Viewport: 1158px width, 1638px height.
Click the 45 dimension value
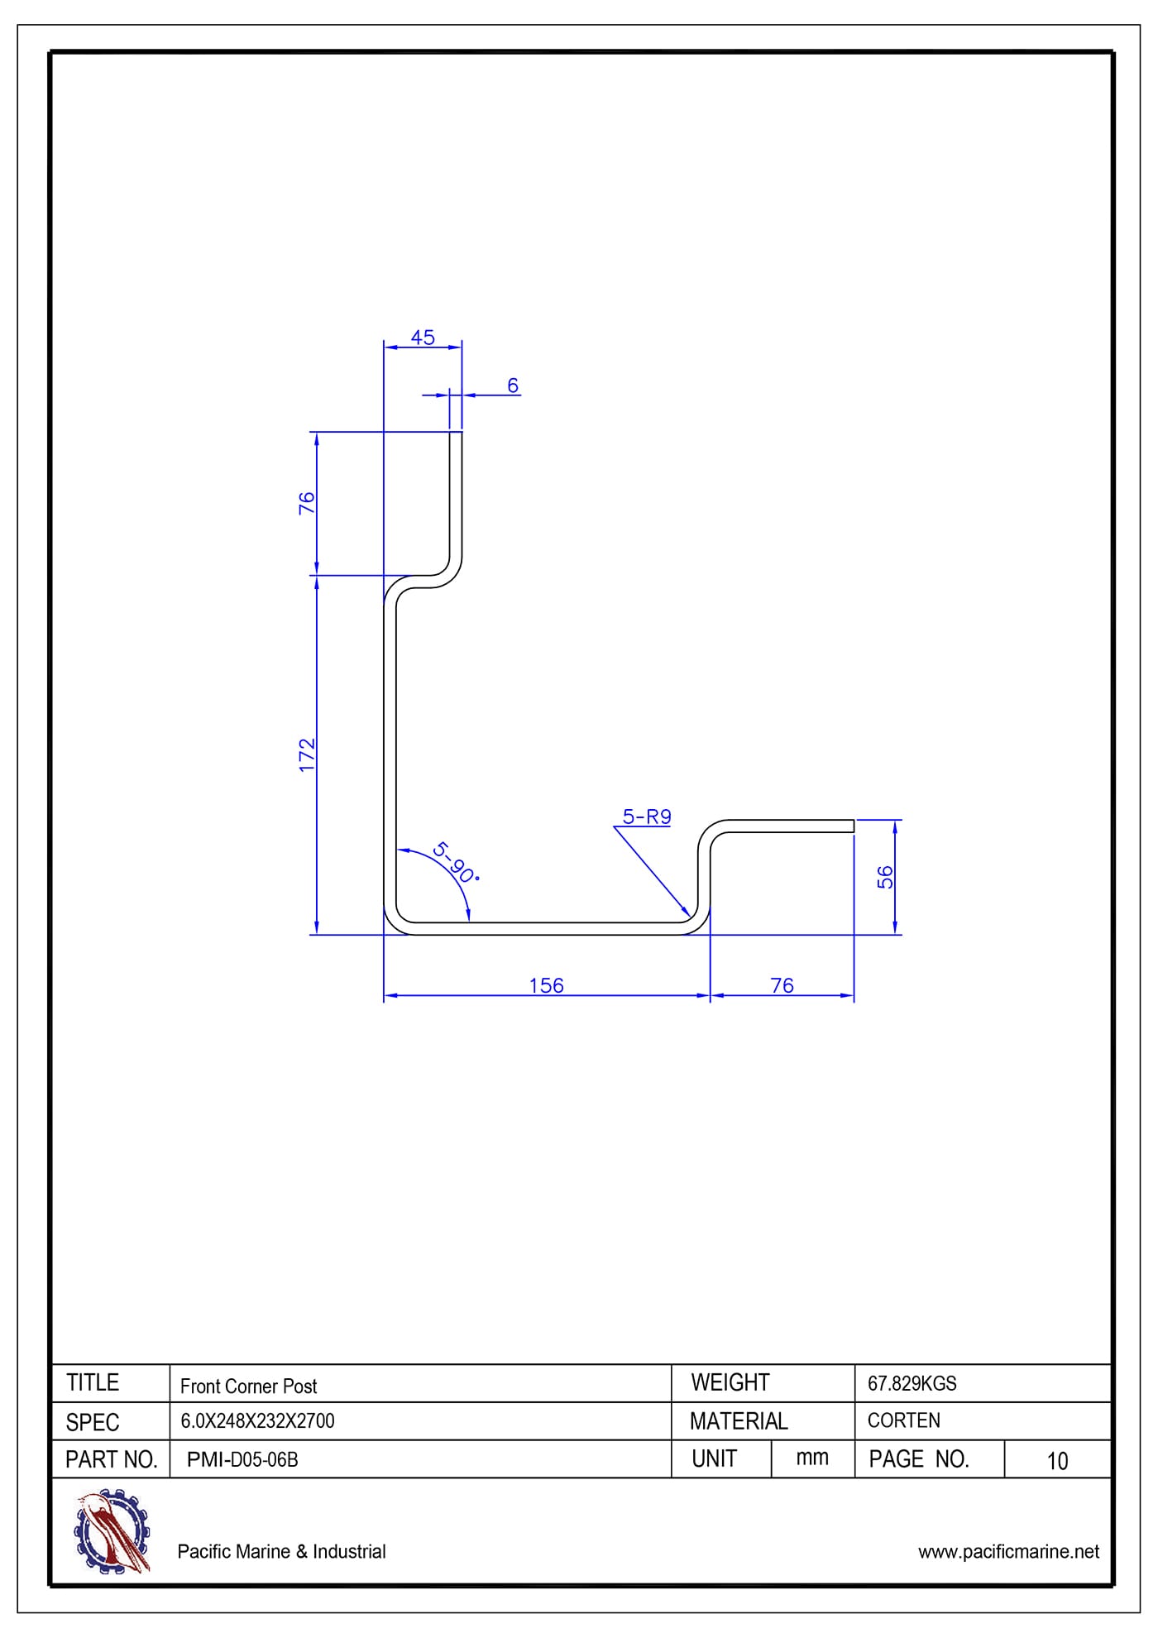423,338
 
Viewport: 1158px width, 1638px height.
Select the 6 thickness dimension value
513,386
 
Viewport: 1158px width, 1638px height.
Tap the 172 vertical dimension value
307,755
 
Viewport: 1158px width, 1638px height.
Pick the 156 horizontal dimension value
546,985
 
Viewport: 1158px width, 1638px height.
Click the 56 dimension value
885,877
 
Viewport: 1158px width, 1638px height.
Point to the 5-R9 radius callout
647,817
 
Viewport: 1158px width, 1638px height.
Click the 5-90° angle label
455,862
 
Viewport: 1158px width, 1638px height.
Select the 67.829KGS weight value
912,1383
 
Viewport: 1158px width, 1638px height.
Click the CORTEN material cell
903,1420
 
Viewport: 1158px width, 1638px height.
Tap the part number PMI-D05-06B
242,1459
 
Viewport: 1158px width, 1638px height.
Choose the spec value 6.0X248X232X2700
257,1421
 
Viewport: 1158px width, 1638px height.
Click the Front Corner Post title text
248,1386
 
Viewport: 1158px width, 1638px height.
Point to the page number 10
1057,1461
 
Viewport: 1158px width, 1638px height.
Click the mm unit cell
812,1458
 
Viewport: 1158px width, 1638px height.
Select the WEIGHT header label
730,1382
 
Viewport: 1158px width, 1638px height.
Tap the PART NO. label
111,1459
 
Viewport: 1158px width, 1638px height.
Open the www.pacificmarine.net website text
1008,1551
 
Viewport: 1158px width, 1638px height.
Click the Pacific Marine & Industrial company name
281,1551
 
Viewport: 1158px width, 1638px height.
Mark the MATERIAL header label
739,1421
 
